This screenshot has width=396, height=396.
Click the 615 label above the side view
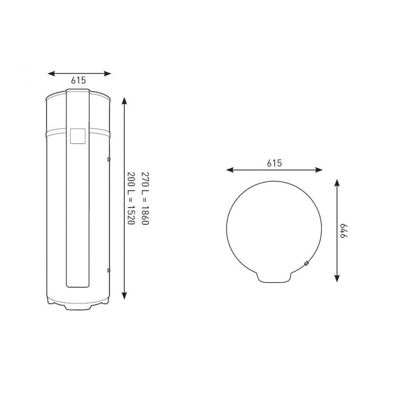click(78, 80)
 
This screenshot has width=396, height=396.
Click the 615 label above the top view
click(274, 163)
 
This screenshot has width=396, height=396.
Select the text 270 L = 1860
click(145, 198)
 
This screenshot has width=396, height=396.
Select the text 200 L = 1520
click(131, 198)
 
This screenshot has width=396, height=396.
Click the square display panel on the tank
click(78, 137)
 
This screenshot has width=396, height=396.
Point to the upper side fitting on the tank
click(109, 159)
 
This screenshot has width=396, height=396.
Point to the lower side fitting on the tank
click(109, 270)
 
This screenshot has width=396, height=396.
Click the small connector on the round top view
click(306, 264)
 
